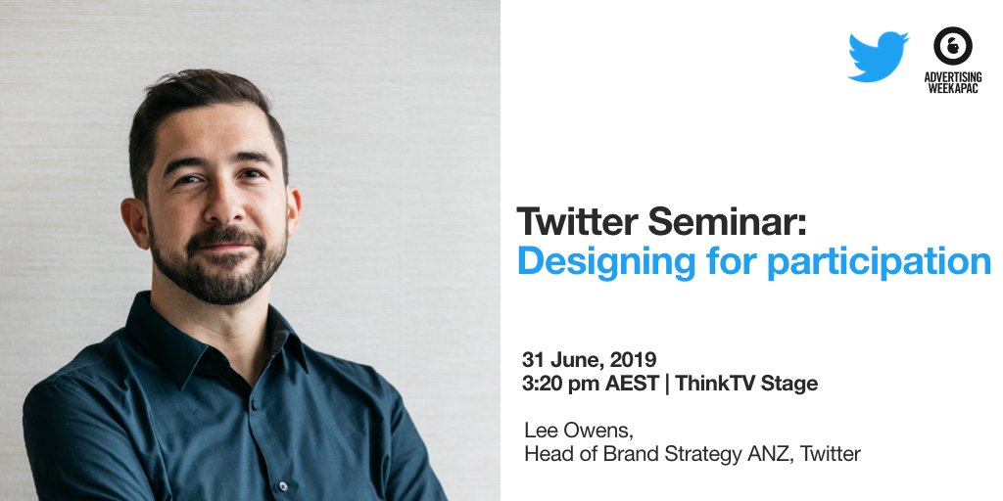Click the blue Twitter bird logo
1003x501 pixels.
879,57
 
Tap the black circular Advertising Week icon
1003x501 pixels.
951,46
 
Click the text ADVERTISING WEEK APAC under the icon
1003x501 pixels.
951,83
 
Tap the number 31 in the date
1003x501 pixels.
534,360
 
